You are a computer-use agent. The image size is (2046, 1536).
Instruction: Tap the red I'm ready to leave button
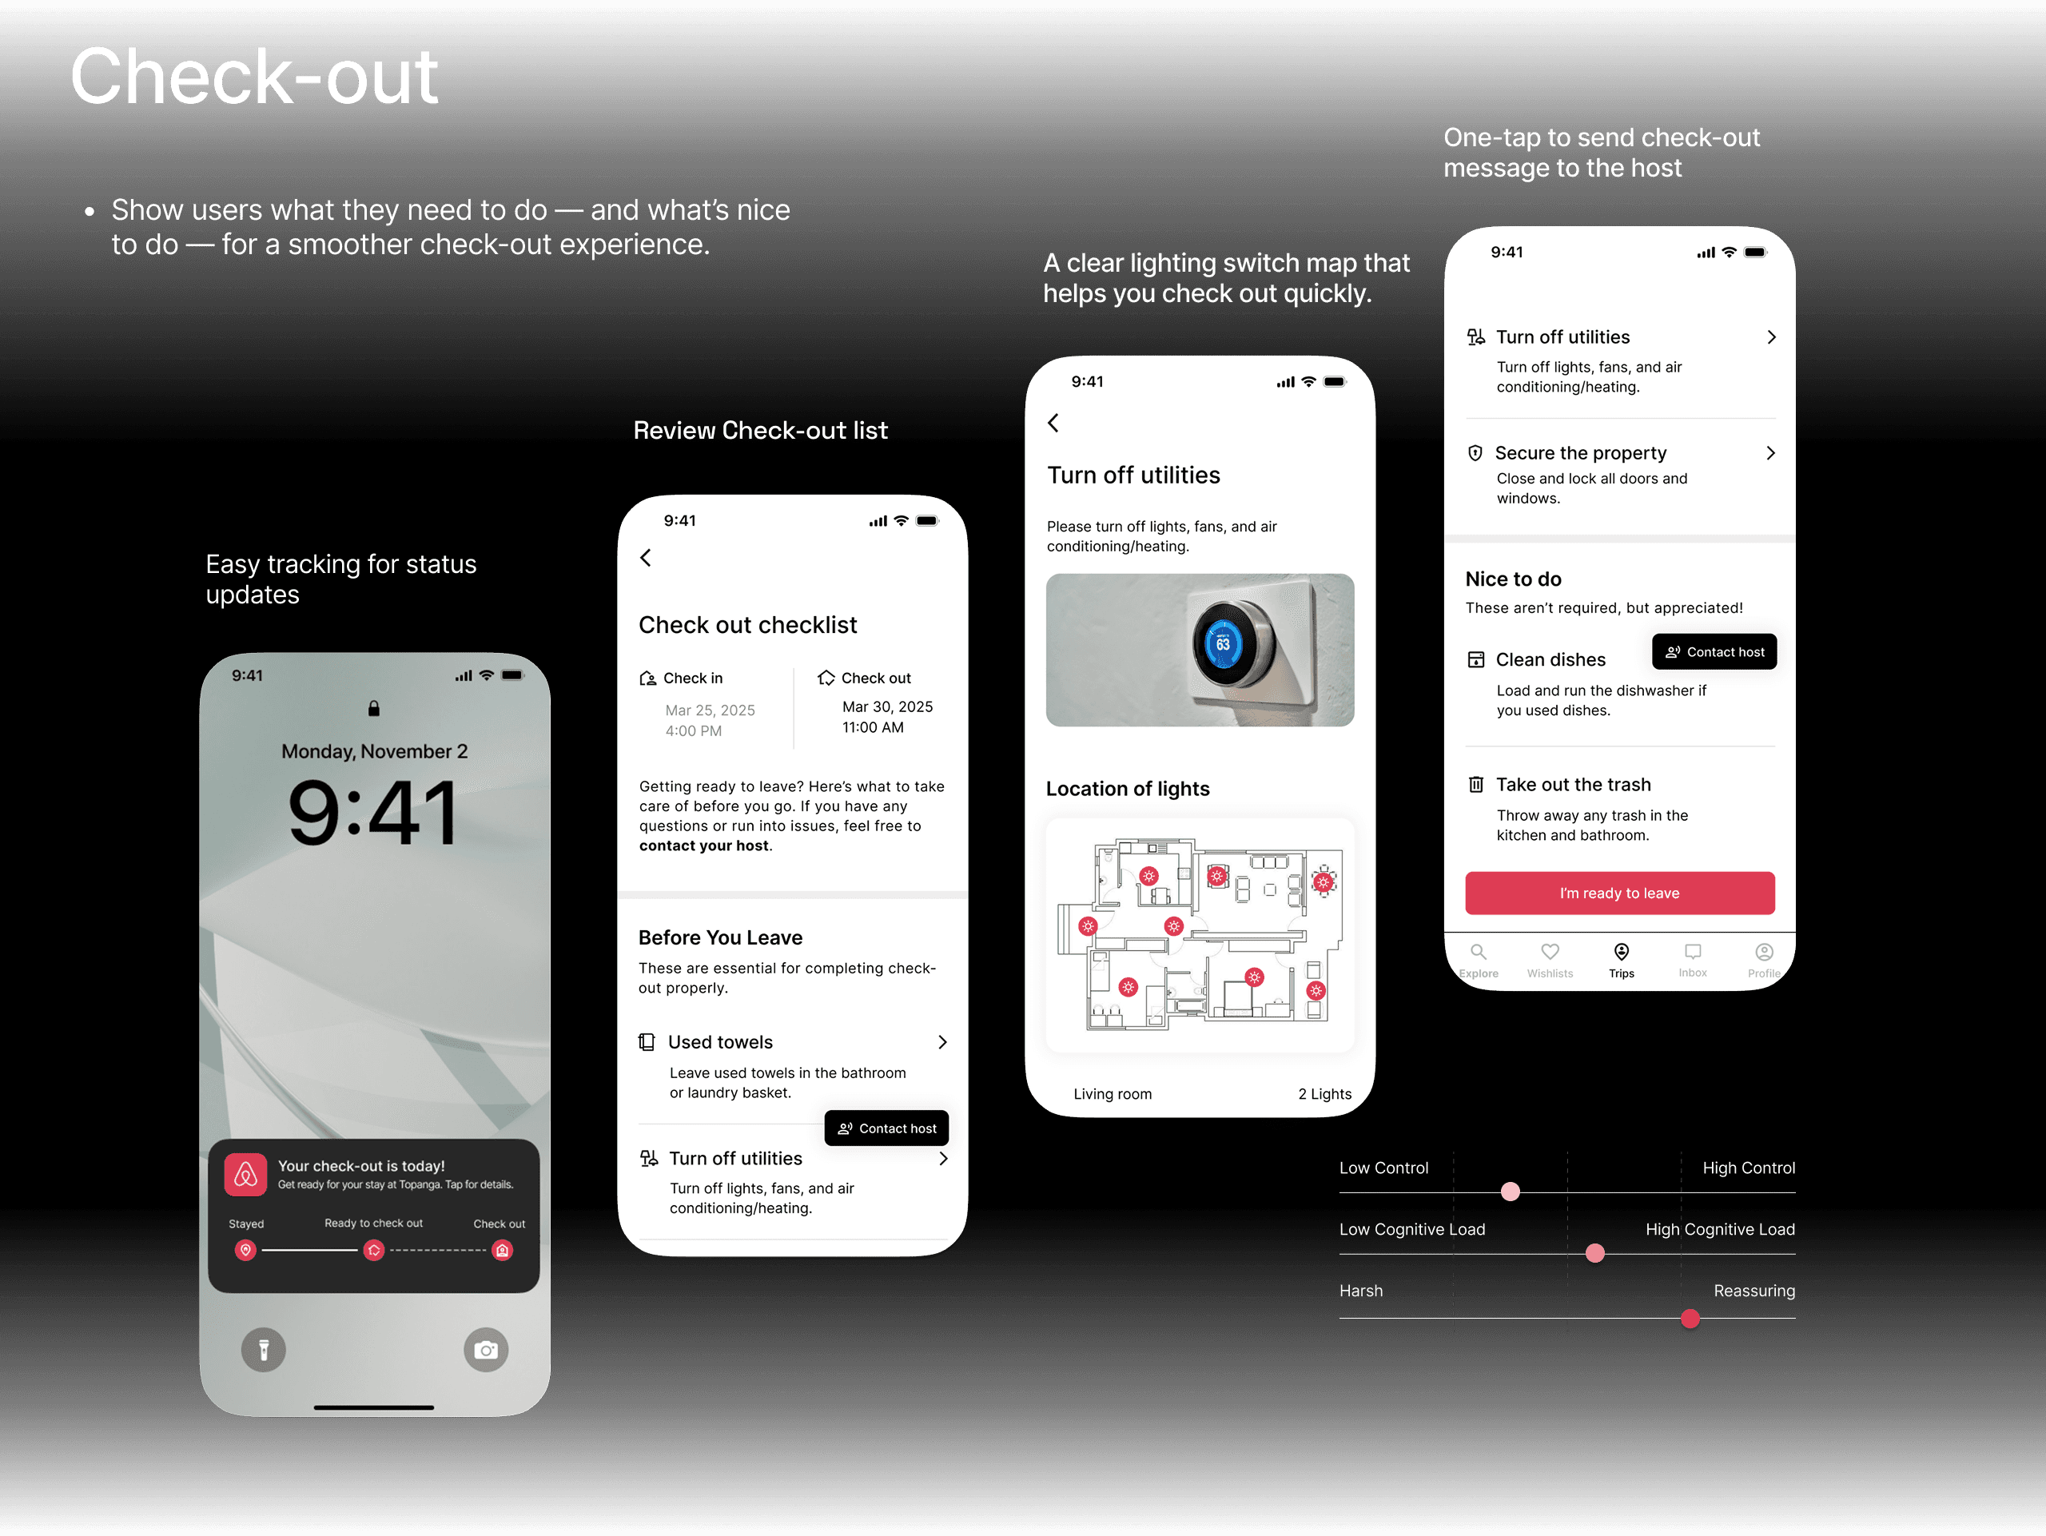1618,893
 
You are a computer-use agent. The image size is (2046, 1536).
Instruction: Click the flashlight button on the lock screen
264,1350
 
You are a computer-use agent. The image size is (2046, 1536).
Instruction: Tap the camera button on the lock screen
486,1350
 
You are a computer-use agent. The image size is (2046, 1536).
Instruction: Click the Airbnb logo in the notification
245,1175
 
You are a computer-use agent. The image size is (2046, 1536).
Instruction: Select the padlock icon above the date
374,708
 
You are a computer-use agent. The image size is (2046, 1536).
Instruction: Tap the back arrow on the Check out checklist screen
646,558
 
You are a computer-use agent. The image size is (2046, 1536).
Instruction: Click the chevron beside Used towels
942,1042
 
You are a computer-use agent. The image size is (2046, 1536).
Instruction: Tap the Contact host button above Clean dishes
1714,652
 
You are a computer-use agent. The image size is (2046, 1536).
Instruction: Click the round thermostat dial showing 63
1224,645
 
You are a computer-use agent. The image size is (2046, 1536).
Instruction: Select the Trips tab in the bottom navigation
1621,959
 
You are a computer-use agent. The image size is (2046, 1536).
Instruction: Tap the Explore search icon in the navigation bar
1478,952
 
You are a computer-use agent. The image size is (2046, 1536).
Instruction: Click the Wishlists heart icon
1550,952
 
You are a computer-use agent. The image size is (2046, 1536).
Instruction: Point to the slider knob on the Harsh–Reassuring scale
1690,1319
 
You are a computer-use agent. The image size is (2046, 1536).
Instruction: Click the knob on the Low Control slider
1511,1191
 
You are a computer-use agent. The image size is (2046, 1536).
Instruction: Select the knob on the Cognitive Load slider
1594,1253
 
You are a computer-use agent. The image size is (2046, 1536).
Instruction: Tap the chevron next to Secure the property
1770,453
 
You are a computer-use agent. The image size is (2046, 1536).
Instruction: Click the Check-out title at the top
254,77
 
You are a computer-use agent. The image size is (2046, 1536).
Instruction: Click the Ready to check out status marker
374,1250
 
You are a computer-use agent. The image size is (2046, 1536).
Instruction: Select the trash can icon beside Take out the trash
1476,785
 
